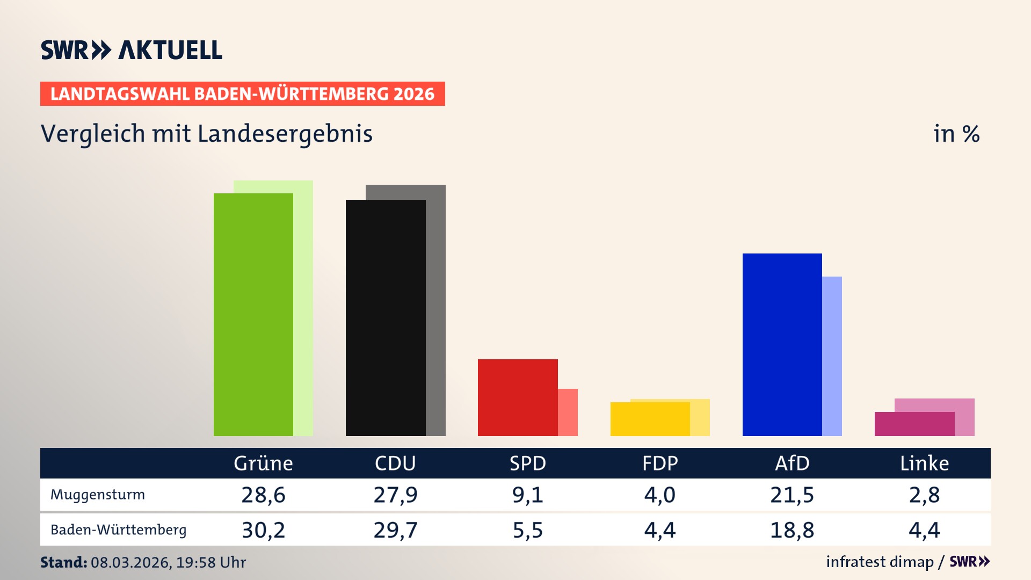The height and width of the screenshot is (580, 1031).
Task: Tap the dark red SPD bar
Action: pyautogui.click(x=518, y=397)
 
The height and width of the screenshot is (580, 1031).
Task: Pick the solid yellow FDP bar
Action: pyautogui.click(x=650, y=419)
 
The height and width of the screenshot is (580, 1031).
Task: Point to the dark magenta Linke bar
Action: pyautogui.click(x=914, y=424)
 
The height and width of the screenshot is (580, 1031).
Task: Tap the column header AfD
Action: pyautogui.click(x=792, y=463)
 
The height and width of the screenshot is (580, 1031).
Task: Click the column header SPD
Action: pyautogui.click(x=527, y=463)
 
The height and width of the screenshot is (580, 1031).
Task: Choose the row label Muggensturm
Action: pyautogui.click(x=98, y=495)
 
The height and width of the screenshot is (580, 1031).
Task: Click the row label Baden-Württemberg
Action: pyautogui.click(x=118, y=530)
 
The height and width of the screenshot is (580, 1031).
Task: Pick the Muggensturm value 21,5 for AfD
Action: pyautogui.click(x=792, y=495)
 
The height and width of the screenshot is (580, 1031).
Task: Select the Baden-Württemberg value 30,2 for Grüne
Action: pyautogui.click(x=263, y=530)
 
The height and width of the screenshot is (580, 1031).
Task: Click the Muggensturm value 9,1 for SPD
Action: pyautogui.click(x=527, y=495)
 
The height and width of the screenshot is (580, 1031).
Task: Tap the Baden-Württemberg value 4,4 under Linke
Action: pyautogui.click(x=924, y=530)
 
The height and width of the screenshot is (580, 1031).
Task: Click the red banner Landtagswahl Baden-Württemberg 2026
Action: pyautogui.click(x=242, y=94)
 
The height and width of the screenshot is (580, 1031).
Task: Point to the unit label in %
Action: pyautogui.click(x=956, y=134)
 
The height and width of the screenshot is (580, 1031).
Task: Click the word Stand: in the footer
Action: pyautogui.click(x=63, y=562)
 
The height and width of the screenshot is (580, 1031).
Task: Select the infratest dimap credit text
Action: pyautogui.click(x=880, y=562)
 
